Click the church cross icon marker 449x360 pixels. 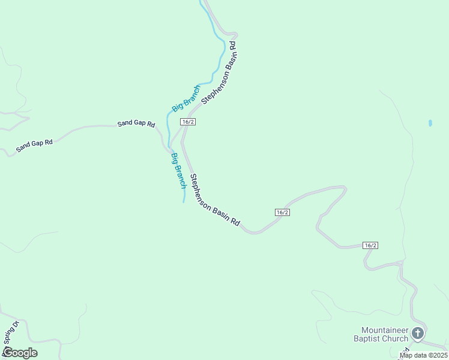point(418,333)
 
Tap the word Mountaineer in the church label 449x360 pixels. point(385,331)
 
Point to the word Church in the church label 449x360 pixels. point(395,339)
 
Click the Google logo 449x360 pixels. point(20,353)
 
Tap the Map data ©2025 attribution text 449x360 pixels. point(423,355)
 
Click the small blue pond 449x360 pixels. point(430,123)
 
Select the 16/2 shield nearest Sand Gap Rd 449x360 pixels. point(188,122)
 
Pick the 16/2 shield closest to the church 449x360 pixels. point(370,245)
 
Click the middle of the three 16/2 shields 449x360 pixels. point(283,212)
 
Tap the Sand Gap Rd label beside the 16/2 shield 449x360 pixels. point(136,124)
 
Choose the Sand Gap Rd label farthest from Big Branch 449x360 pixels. point(34,145)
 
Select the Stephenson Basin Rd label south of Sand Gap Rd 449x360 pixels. point(215,200)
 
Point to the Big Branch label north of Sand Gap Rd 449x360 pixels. point(186,98)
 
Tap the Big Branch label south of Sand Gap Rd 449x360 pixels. point(179,171)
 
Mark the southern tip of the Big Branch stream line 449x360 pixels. point(184,202)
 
